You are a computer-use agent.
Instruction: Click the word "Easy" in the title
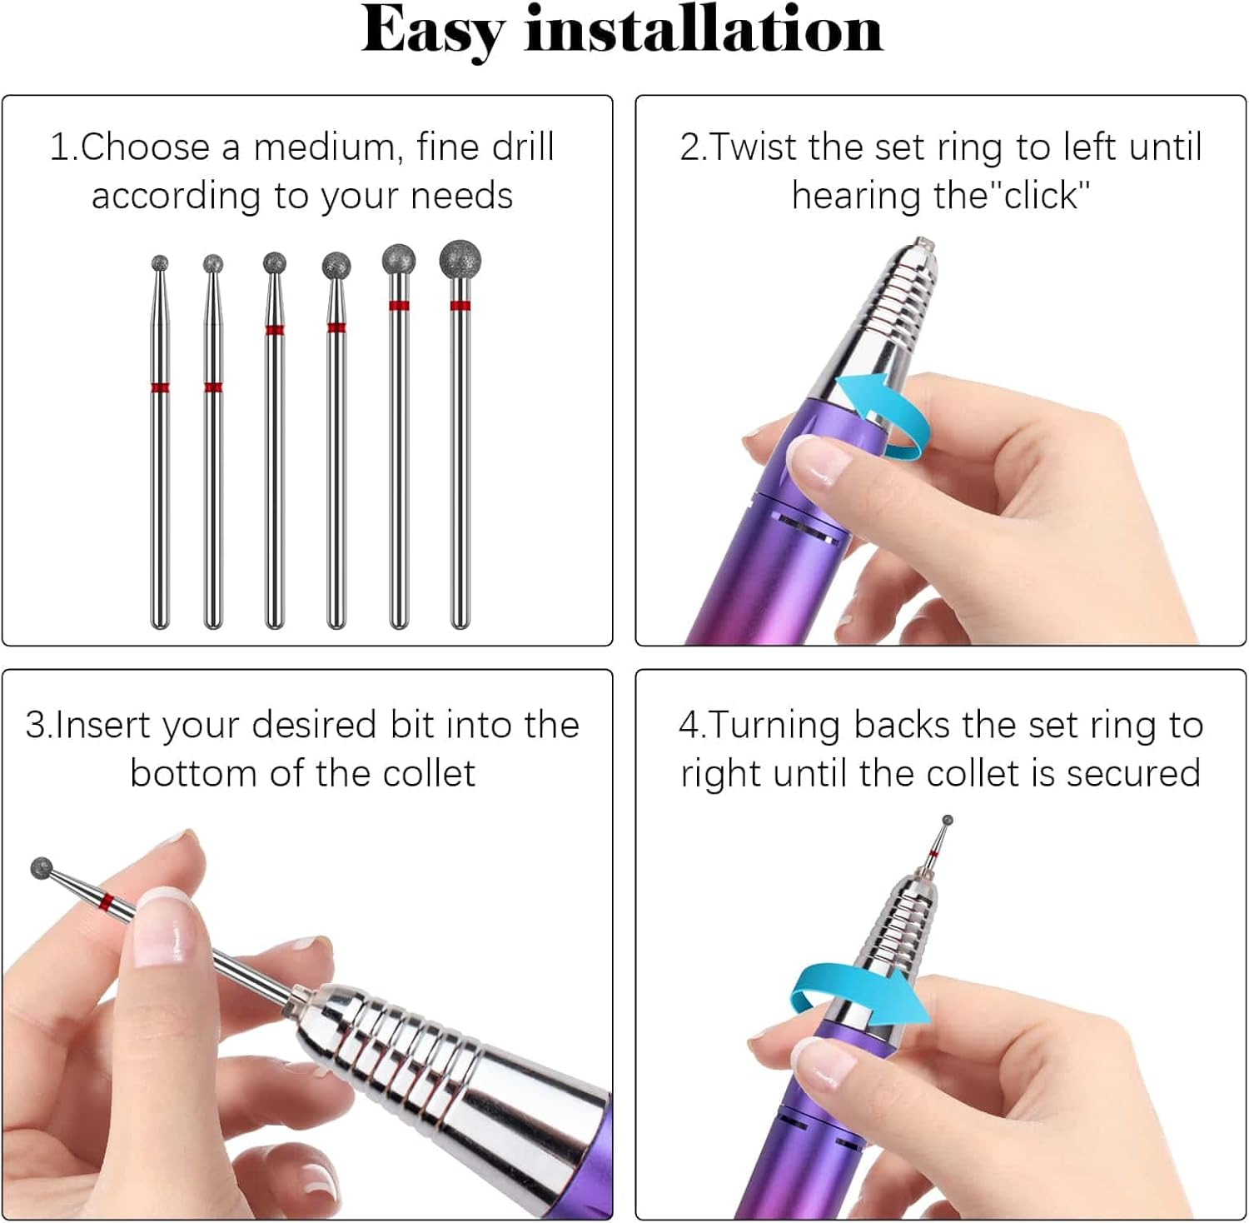coord(432,31)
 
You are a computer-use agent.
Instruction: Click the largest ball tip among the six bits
coord(460,259)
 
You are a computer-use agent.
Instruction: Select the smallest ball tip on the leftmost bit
coord(160,264)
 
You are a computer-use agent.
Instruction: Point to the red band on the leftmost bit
coord(160,387)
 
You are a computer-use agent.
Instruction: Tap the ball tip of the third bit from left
coord(274,264)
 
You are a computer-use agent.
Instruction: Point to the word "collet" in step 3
coord(429,774)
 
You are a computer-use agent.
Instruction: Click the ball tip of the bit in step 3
coord(42,868)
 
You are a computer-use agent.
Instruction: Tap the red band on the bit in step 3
coord(105,903)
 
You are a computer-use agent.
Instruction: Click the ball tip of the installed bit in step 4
coord(947,821)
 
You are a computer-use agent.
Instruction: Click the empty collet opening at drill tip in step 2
coord(922,244)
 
